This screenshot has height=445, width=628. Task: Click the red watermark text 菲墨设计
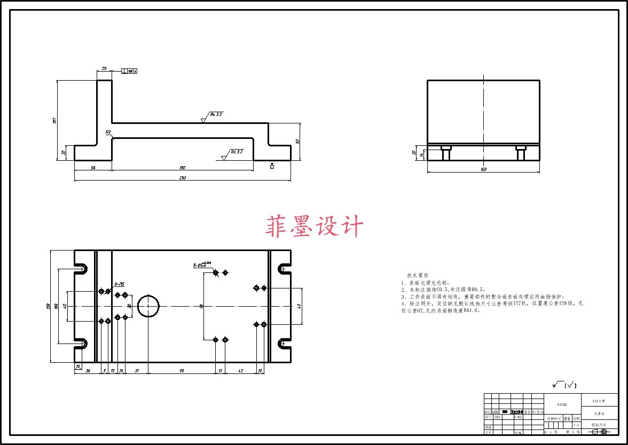click(314, 227)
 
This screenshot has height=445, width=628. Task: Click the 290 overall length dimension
click(182, 177)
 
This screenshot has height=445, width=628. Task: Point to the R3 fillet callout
click(108, 132)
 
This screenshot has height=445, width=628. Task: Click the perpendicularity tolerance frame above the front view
click(129, 71)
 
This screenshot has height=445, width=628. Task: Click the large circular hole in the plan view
click(148, 306)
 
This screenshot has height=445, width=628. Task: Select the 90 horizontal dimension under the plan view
click(182, 370)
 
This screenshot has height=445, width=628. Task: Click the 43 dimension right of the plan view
click(299, 306)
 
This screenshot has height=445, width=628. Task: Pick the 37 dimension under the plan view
click(137, 370)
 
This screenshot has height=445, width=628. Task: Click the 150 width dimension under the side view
click(483, 170)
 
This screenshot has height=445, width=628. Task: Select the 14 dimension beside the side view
click(421, 154)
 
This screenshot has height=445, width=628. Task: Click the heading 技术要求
click(417, 275)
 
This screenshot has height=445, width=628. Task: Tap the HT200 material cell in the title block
click(557, 405)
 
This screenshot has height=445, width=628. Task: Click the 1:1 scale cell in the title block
click(576, 425)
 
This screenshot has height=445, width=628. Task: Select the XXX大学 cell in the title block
click(599, 400)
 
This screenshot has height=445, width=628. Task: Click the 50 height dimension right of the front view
click(298, 142)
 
